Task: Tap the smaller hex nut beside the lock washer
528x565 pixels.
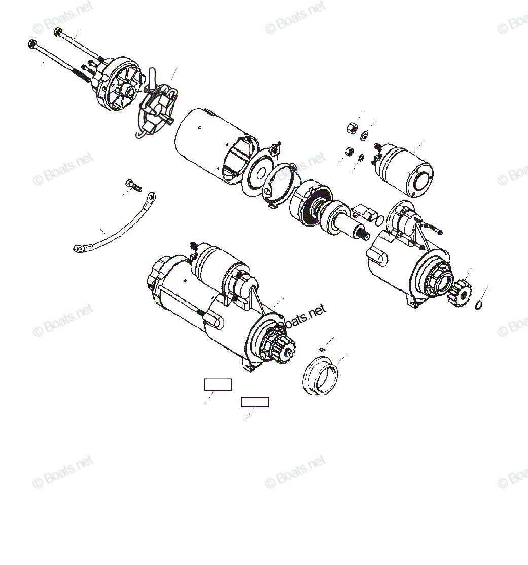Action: pyautogui.click(x=349, y=152)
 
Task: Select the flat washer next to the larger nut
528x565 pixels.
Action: pyautogui.click(x=364, y=135)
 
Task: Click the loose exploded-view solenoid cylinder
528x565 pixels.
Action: pyautogui.click(x=406, y=170)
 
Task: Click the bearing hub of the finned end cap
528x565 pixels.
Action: pyautogui.click(x=128, y=91)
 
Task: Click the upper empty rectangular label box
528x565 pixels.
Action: pyautogui.click(x=218, y=384)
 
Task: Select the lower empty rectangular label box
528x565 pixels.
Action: pyautogui.click(x=255, y=402)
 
